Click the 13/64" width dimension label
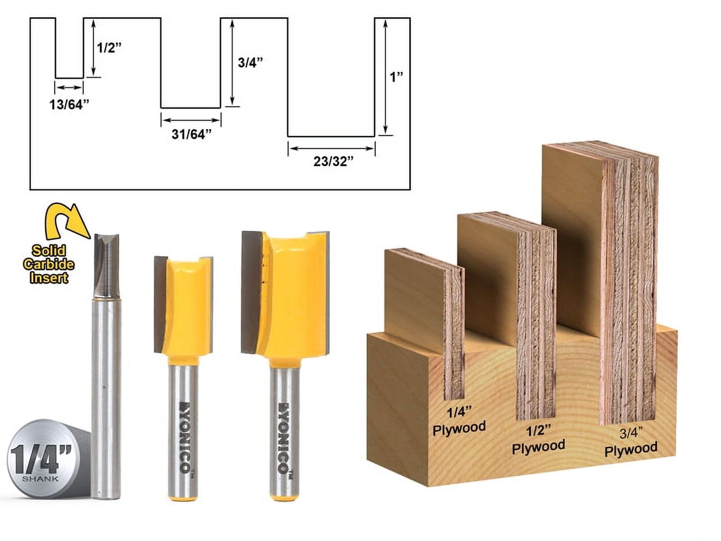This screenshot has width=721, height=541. pyautogui.click(x=69, y=105)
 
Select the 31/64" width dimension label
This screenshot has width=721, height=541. pyautogui.click(x=191, y=134)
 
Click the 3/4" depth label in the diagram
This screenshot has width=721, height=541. pyautogui.click(x=250, y=62)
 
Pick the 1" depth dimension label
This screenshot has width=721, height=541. pyautogui.click(x=396, y=77)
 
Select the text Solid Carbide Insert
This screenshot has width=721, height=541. pyautogui.click(x=49, y=264)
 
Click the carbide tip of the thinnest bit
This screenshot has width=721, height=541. pyautogui.click(x=107, y=261)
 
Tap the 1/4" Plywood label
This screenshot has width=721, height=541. pyautogui.click(x=459, y=420)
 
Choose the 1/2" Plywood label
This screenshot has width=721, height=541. pyautogui.click(x=538, y=440)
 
